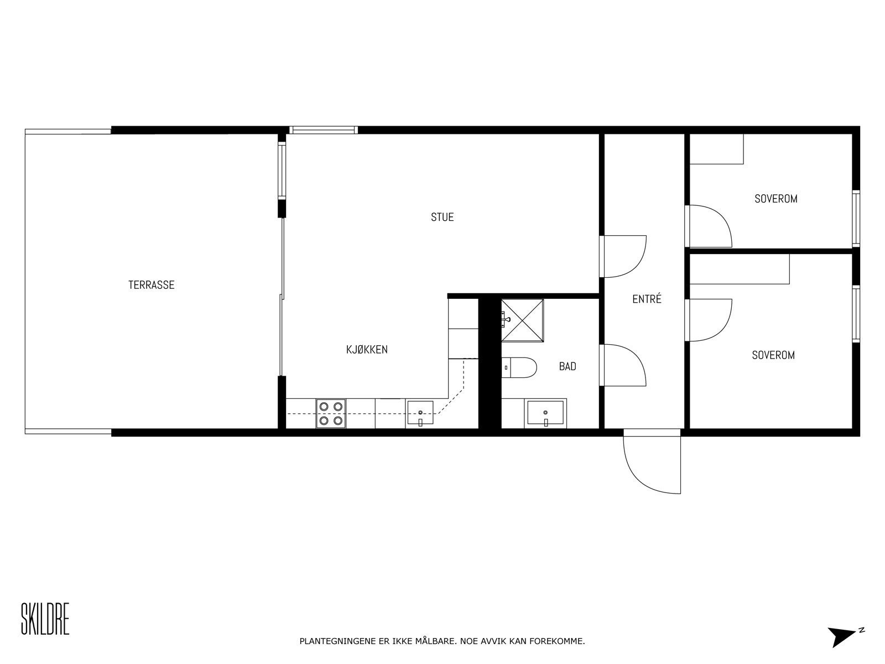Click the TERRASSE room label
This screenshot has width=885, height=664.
click(x=151, y=285)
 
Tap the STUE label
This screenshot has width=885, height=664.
click(x=442, y=217)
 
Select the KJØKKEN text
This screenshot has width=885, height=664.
click(x=367, y=350)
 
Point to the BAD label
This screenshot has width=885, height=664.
click(x=568, y=366)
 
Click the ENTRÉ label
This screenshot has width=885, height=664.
click(x=647, y=299)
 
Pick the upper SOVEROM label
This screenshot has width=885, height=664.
click(x=775, y=199)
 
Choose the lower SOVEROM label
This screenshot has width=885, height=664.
click(x=773, y=355)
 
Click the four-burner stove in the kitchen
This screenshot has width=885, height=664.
click(x=331, y=413)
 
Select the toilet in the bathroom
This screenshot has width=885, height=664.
click(x=520, y=367)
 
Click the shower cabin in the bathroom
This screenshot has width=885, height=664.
click(x=522, y=320)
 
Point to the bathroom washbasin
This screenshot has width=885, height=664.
click(x=545, y=413)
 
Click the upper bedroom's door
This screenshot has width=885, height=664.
click(x=709, y=226)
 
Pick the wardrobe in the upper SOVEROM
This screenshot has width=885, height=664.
click(x=716, y=149)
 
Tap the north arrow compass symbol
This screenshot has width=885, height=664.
click(x=843, y=636)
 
